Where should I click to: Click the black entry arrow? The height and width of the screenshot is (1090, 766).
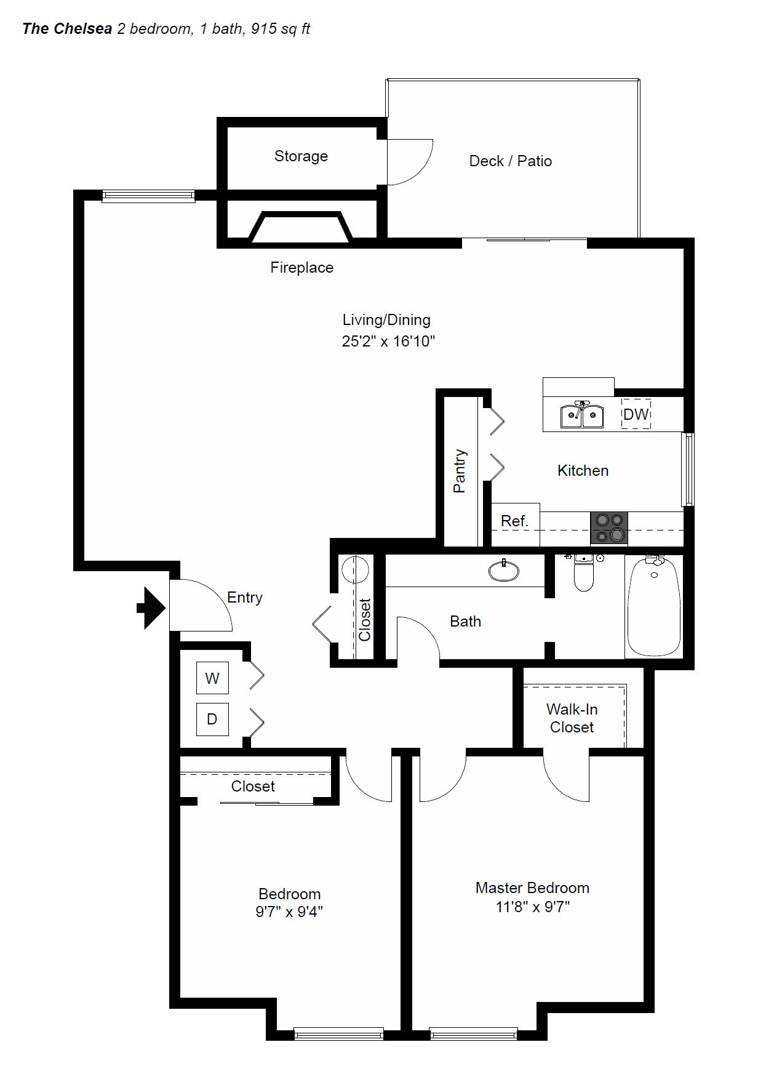click(151, 608)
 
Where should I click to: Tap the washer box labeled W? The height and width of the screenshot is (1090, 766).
click(212, 678)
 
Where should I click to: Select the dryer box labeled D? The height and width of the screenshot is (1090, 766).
click(212, 719)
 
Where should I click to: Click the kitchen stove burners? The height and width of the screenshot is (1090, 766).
click(609, 528)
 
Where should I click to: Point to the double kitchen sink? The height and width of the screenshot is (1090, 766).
click(581, 415)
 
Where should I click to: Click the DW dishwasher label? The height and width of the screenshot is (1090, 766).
click(636, 414)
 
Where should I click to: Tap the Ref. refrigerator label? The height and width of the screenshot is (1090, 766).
click(514, 521)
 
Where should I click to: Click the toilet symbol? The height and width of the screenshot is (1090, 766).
click(583, 574)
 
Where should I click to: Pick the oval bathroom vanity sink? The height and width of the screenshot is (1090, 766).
click(503, 571)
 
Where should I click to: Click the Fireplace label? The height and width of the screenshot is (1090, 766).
click(301, 268)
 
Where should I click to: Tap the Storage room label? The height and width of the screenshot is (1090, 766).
click(301, 156)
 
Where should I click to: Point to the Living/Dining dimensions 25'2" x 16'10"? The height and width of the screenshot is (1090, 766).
click(388, 341)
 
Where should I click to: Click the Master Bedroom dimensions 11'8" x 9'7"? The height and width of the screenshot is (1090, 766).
click(533, 907)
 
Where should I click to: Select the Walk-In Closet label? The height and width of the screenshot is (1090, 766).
click(572, 718)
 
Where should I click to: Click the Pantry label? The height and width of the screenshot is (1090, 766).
click(460, 471)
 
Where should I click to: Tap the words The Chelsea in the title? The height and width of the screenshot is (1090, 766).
click(67, 29)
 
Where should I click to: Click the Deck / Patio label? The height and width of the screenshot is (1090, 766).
click(510, 161)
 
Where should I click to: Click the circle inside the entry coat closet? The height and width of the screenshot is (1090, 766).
click(355, 569)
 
